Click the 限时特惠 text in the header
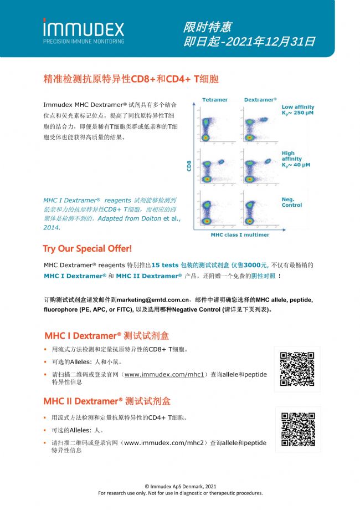click(x=207, y=27)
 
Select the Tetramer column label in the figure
click(x=214, y=100)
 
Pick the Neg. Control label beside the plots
click(x=292, y=202)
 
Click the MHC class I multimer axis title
click(x=240, y=234)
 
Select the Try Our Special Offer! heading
click(x=87, y=248)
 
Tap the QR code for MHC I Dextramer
click(x=297, y=369)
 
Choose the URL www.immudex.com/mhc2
click(x=164, y=443)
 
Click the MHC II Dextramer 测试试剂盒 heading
click(x=107, y=401)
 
